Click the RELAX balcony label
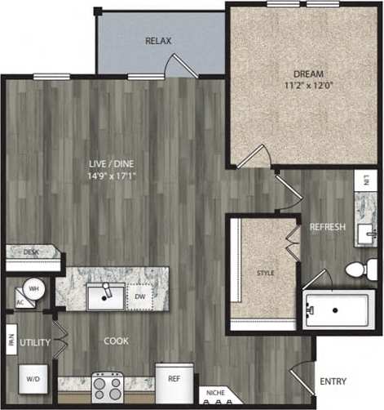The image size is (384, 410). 157,40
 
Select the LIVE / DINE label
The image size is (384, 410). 112,163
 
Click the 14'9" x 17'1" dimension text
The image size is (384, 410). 112,175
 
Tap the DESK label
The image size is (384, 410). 31,253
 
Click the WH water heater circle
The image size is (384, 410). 34,287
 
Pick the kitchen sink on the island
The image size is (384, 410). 105,296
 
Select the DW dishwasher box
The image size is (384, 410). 140,296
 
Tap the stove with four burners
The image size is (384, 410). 107,385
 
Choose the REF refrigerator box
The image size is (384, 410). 174,380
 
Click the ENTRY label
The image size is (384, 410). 333,381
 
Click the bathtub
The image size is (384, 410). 339,310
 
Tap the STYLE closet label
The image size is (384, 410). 265,273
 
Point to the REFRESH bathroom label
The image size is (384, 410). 327,227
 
